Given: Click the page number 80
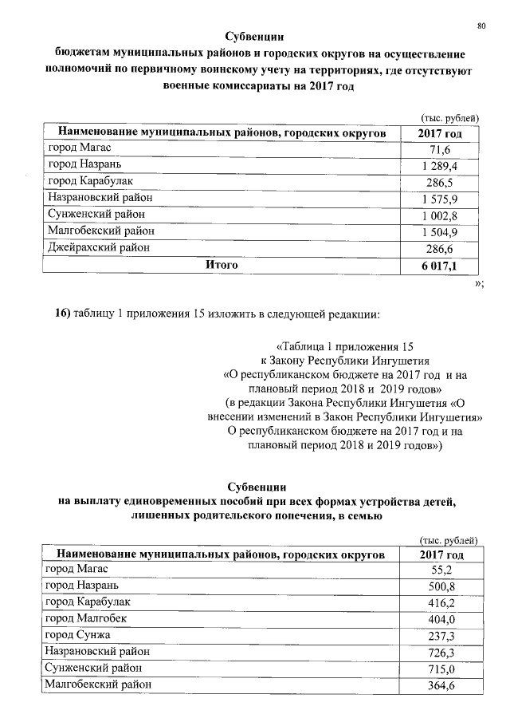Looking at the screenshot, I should tap(481, 26).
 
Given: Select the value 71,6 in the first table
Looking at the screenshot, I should tap(440, 150).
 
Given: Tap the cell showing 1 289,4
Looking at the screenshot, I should tap(440, 167).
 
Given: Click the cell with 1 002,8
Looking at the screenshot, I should tap(440, 215).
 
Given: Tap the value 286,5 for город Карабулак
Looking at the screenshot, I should tap(440, 183).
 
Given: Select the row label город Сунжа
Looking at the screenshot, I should tap(78, 634).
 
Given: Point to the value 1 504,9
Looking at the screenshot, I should tap(440, 232).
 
